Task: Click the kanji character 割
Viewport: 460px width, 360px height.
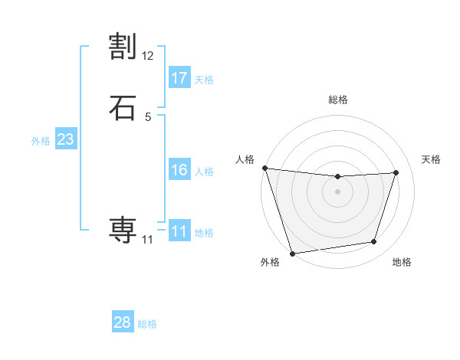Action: [x=123, y=47]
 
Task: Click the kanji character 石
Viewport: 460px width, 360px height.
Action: [x=123, y=106]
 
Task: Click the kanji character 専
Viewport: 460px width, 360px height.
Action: [x=123, y=229]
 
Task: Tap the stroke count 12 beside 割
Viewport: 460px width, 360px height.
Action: [x=148, y=56]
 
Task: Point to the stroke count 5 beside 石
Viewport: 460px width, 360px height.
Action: [x=148, y=116]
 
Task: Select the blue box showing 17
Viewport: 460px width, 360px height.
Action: [x=179, y=78]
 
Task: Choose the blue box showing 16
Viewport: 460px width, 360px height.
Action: [x=179, y=170]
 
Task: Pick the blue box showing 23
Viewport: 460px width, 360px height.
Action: [x=66, y=140]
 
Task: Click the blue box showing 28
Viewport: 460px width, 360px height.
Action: [x=123, y=322]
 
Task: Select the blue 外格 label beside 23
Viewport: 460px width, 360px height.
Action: [x=41, y=141]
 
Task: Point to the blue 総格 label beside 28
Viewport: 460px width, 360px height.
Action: [x=147, y=324]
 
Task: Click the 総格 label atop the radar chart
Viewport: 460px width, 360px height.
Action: [x=337, y=100]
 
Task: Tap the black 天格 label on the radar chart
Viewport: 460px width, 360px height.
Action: [x=431, y=159]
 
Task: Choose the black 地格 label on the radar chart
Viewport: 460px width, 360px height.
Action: [x=402, y=262]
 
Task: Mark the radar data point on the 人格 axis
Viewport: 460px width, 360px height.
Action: [x=264, y=168]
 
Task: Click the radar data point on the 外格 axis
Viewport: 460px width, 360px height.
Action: [x=292, y=252]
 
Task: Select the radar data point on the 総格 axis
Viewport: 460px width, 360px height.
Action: [x=337, y=177]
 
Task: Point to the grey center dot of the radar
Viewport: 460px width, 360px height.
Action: [x=337, y=191]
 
